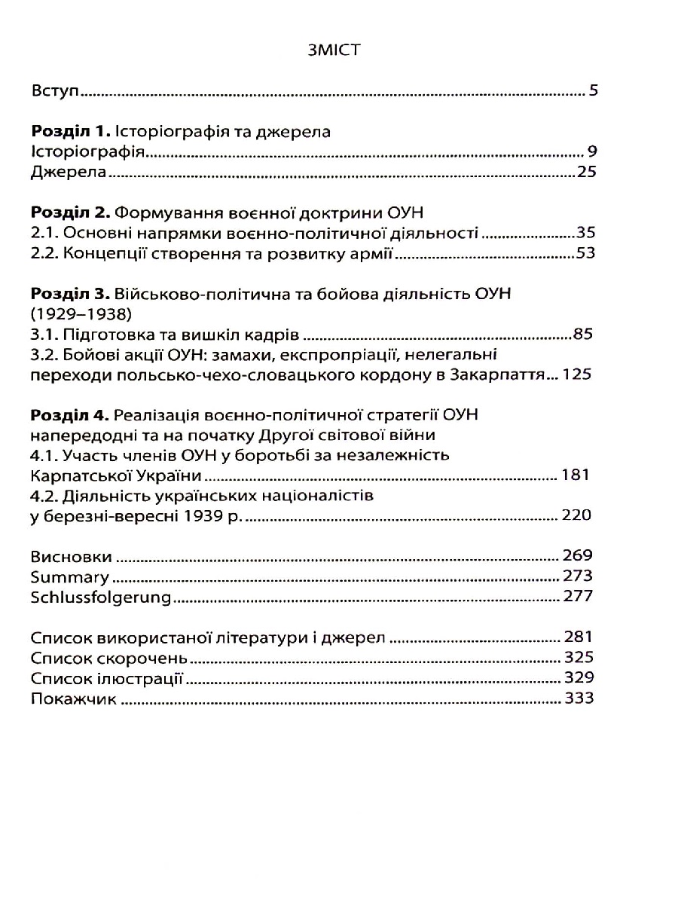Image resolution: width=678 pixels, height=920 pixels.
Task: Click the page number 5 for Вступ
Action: point(593,93)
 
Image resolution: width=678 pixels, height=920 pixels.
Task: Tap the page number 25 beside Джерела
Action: point(586,172)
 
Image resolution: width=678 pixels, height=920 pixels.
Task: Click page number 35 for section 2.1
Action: point(585,232)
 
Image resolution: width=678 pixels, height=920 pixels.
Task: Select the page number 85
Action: point(585,333)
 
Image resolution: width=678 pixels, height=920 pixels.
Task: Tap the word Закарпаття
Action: point(500,374)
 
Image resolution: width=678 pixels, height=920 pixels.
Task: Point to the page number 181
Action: point(577,475)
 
